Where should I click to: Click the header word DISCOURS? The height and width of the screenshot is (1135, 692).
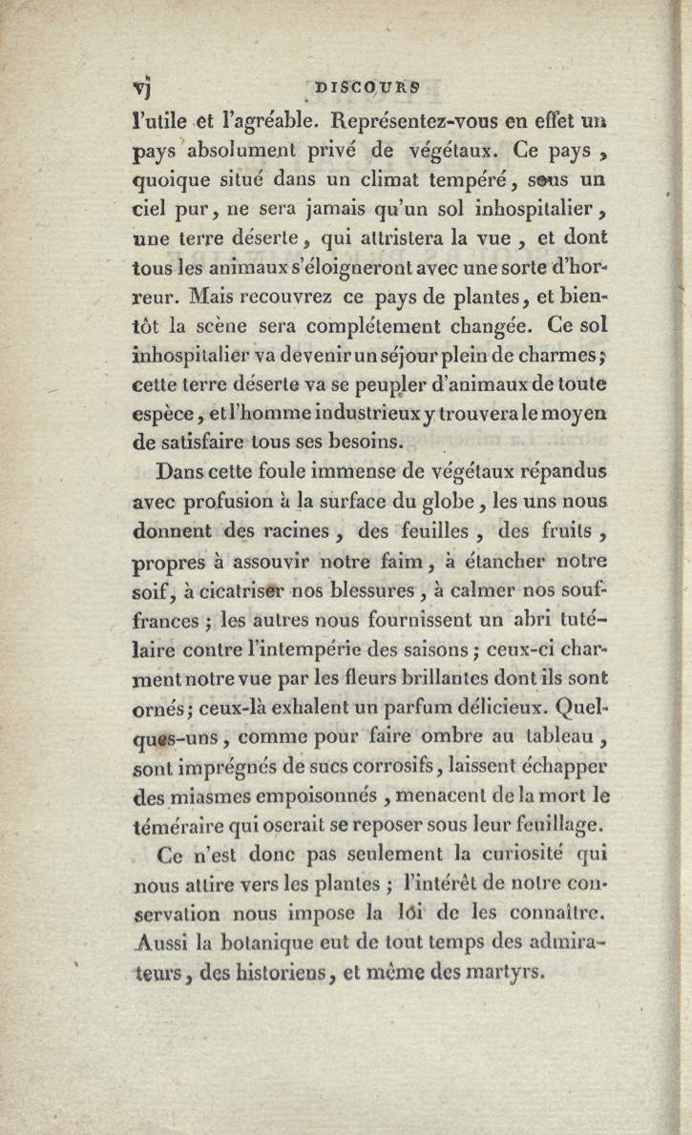[367, 85]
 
